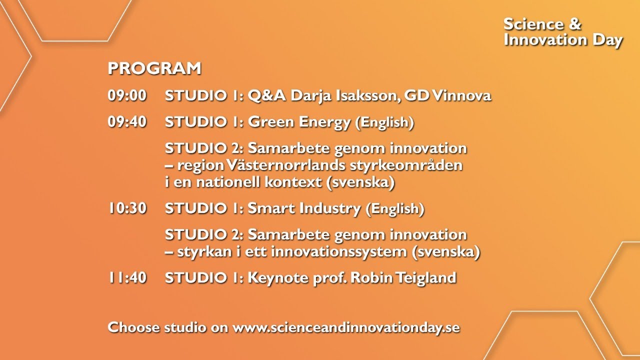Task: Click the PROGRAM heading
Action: [154, 69]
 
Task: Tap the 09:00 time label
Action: [127, 96]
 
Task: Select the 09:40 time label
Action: [127, 122]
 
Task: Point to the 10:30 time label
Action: [127, 208]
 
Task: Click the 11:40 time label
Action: [127, 277]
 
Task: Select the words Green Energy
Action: [299, 122]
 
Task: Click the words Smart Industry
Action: [304, 208]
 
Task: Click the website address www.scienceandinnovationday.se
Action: [346, 328]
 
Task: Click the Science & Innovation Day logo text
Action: [563, 32]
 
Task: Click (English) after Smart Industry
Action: [395, 209]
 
